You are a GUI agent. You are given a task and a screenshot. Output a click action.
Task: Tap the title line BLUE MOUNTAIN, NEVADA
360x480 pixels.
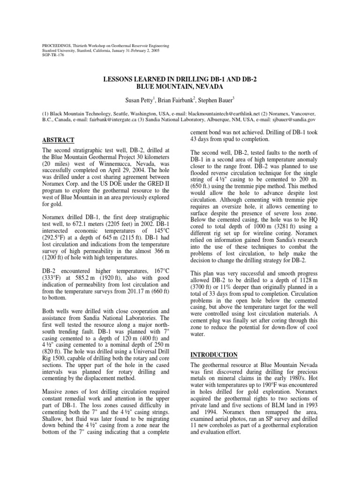point(180,87)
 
